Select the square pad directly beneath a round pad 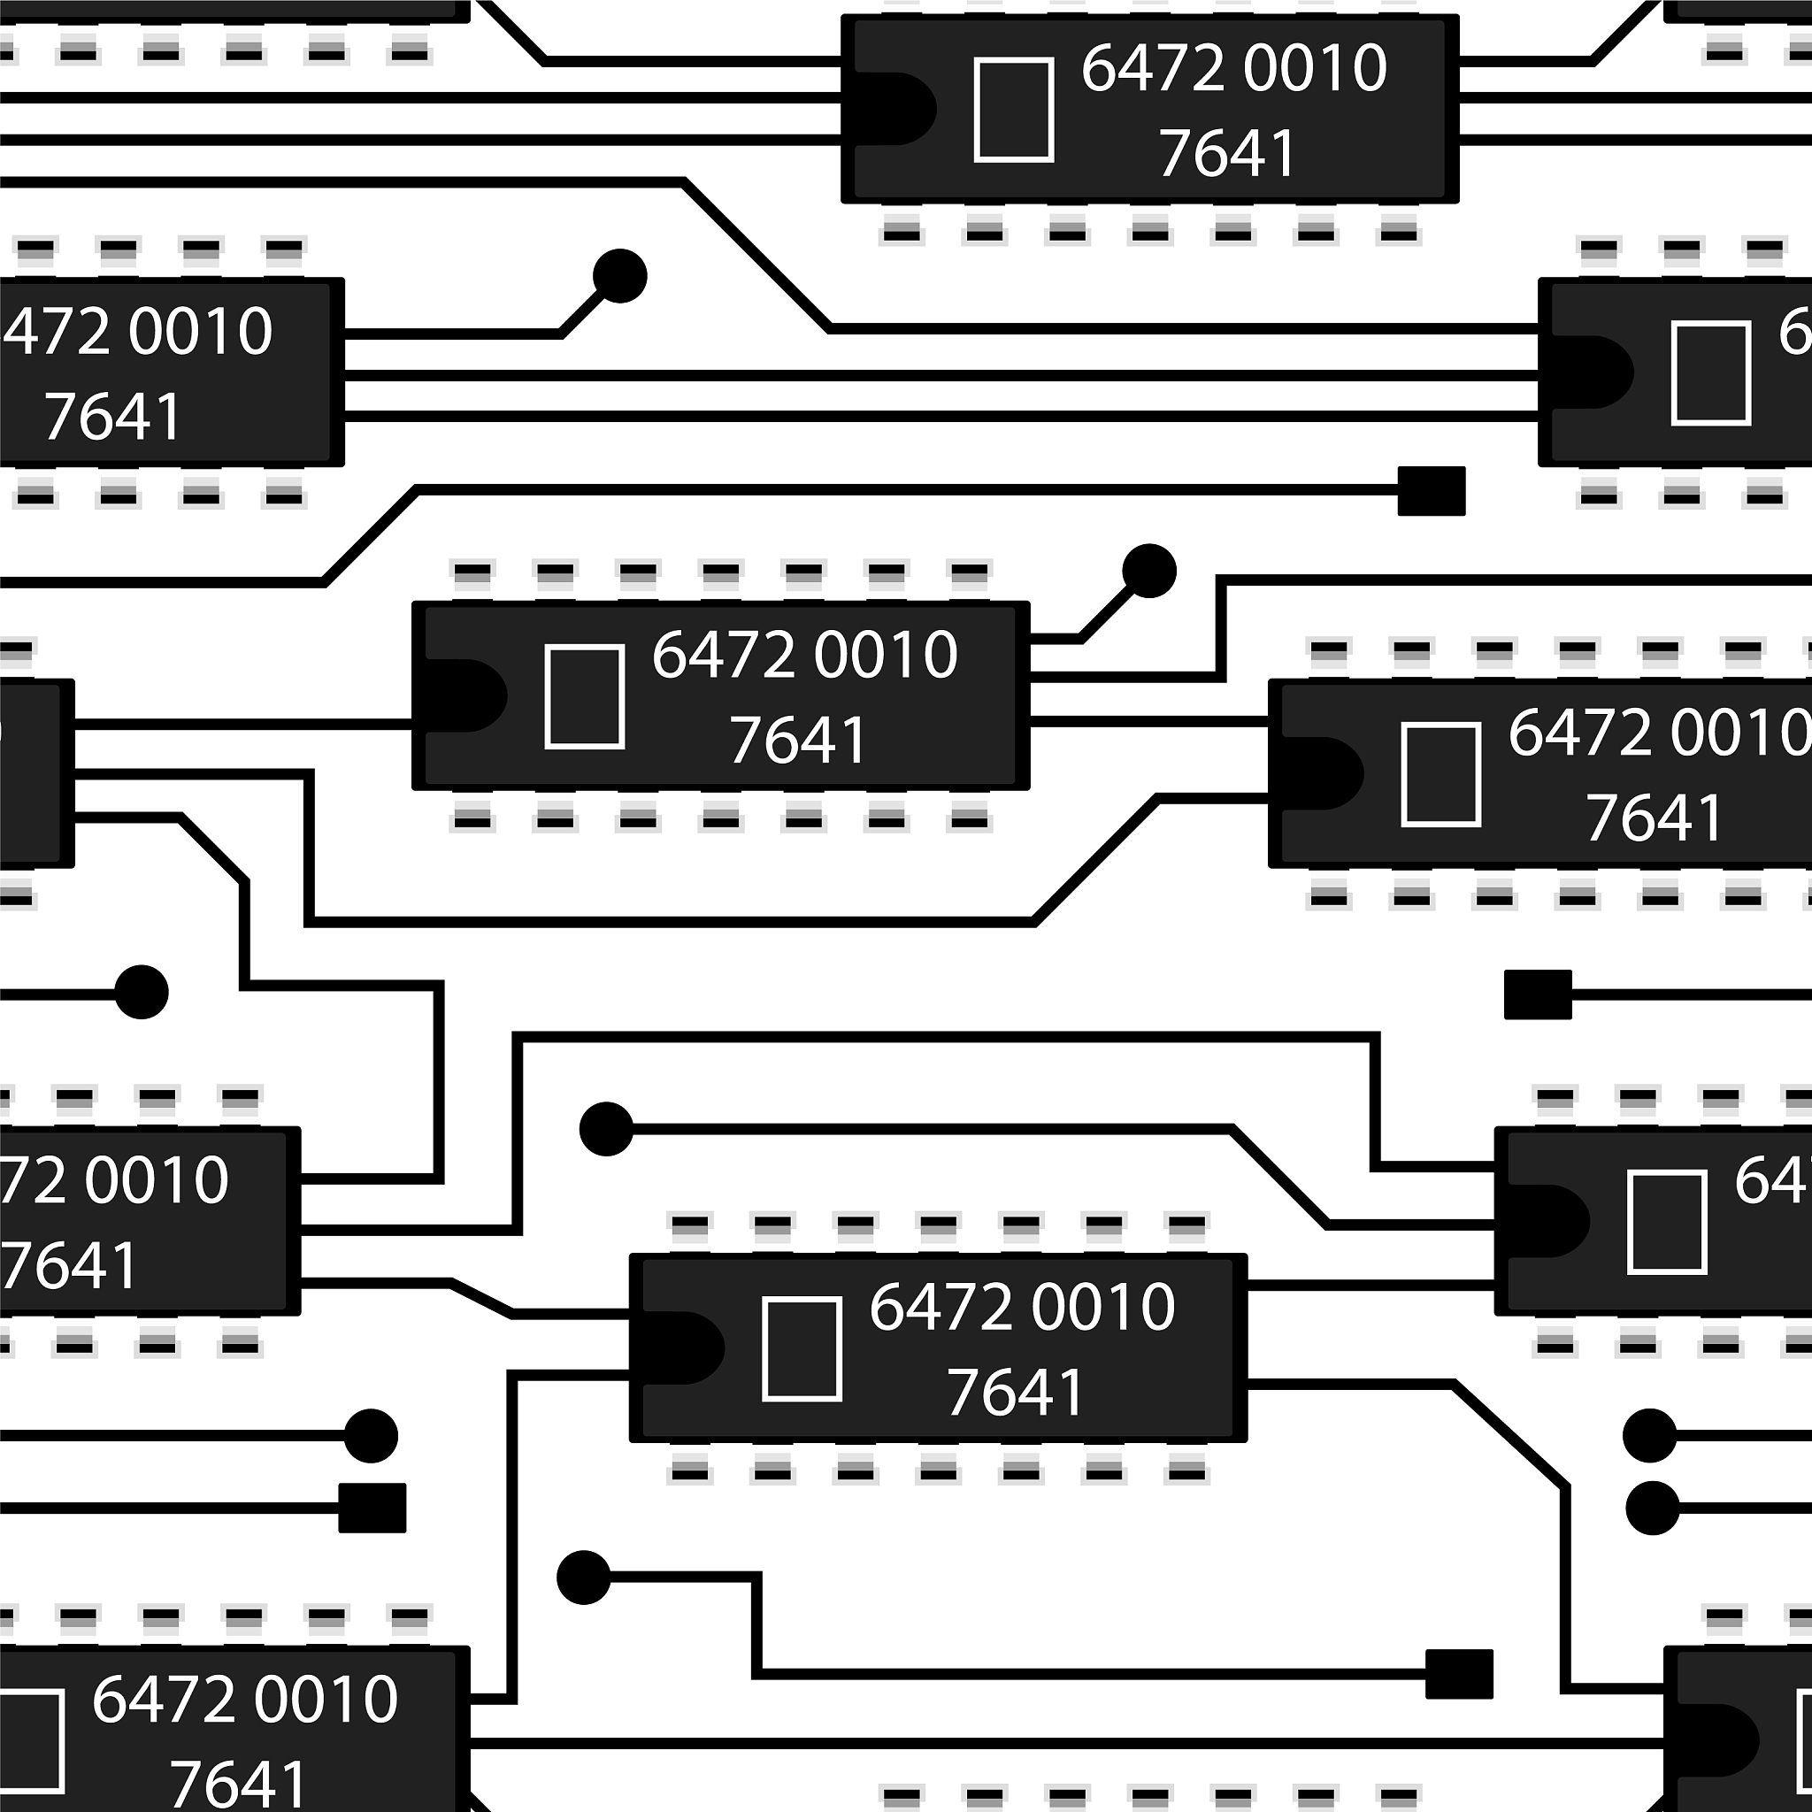pyautogui.click(x=372, y=1509)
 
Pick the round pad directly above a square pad pyautogui.click(x=372, y=1435)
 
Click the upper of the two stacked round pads pyautogui.click(x=1650, y=1435)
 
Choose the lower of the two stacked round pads pyautogui.click(x=1653, y=1509)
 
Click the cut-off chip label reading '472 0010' pyautogui.click(x=139, y=331)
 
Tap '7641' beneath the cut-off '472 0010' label pyautogui.click(x=112, y=417)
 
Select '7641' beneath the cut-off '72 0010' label pyautogui.click(x=71, y=1265)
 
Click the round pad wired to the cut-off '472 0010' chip pyautogui.click(x=620, y=277)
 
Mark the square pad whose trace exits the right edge pyautogui.click(x=1538, y=994)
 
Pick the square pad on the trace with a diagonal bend pyautogui.click(x=1432, y=490)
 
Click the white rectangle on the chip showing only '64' pyautogui.click(x=1667, y=1222)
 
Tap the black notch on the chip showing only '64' pyautogui.click(x=1547, y=1221)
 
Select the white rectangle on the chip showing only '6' pyautogui.click(x=1711, y=373)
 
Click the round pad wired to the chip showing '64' pyautogui.click(x=607, y=1128)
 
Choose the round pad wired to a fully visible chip pyautogui.click(x=1149, y=571)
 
